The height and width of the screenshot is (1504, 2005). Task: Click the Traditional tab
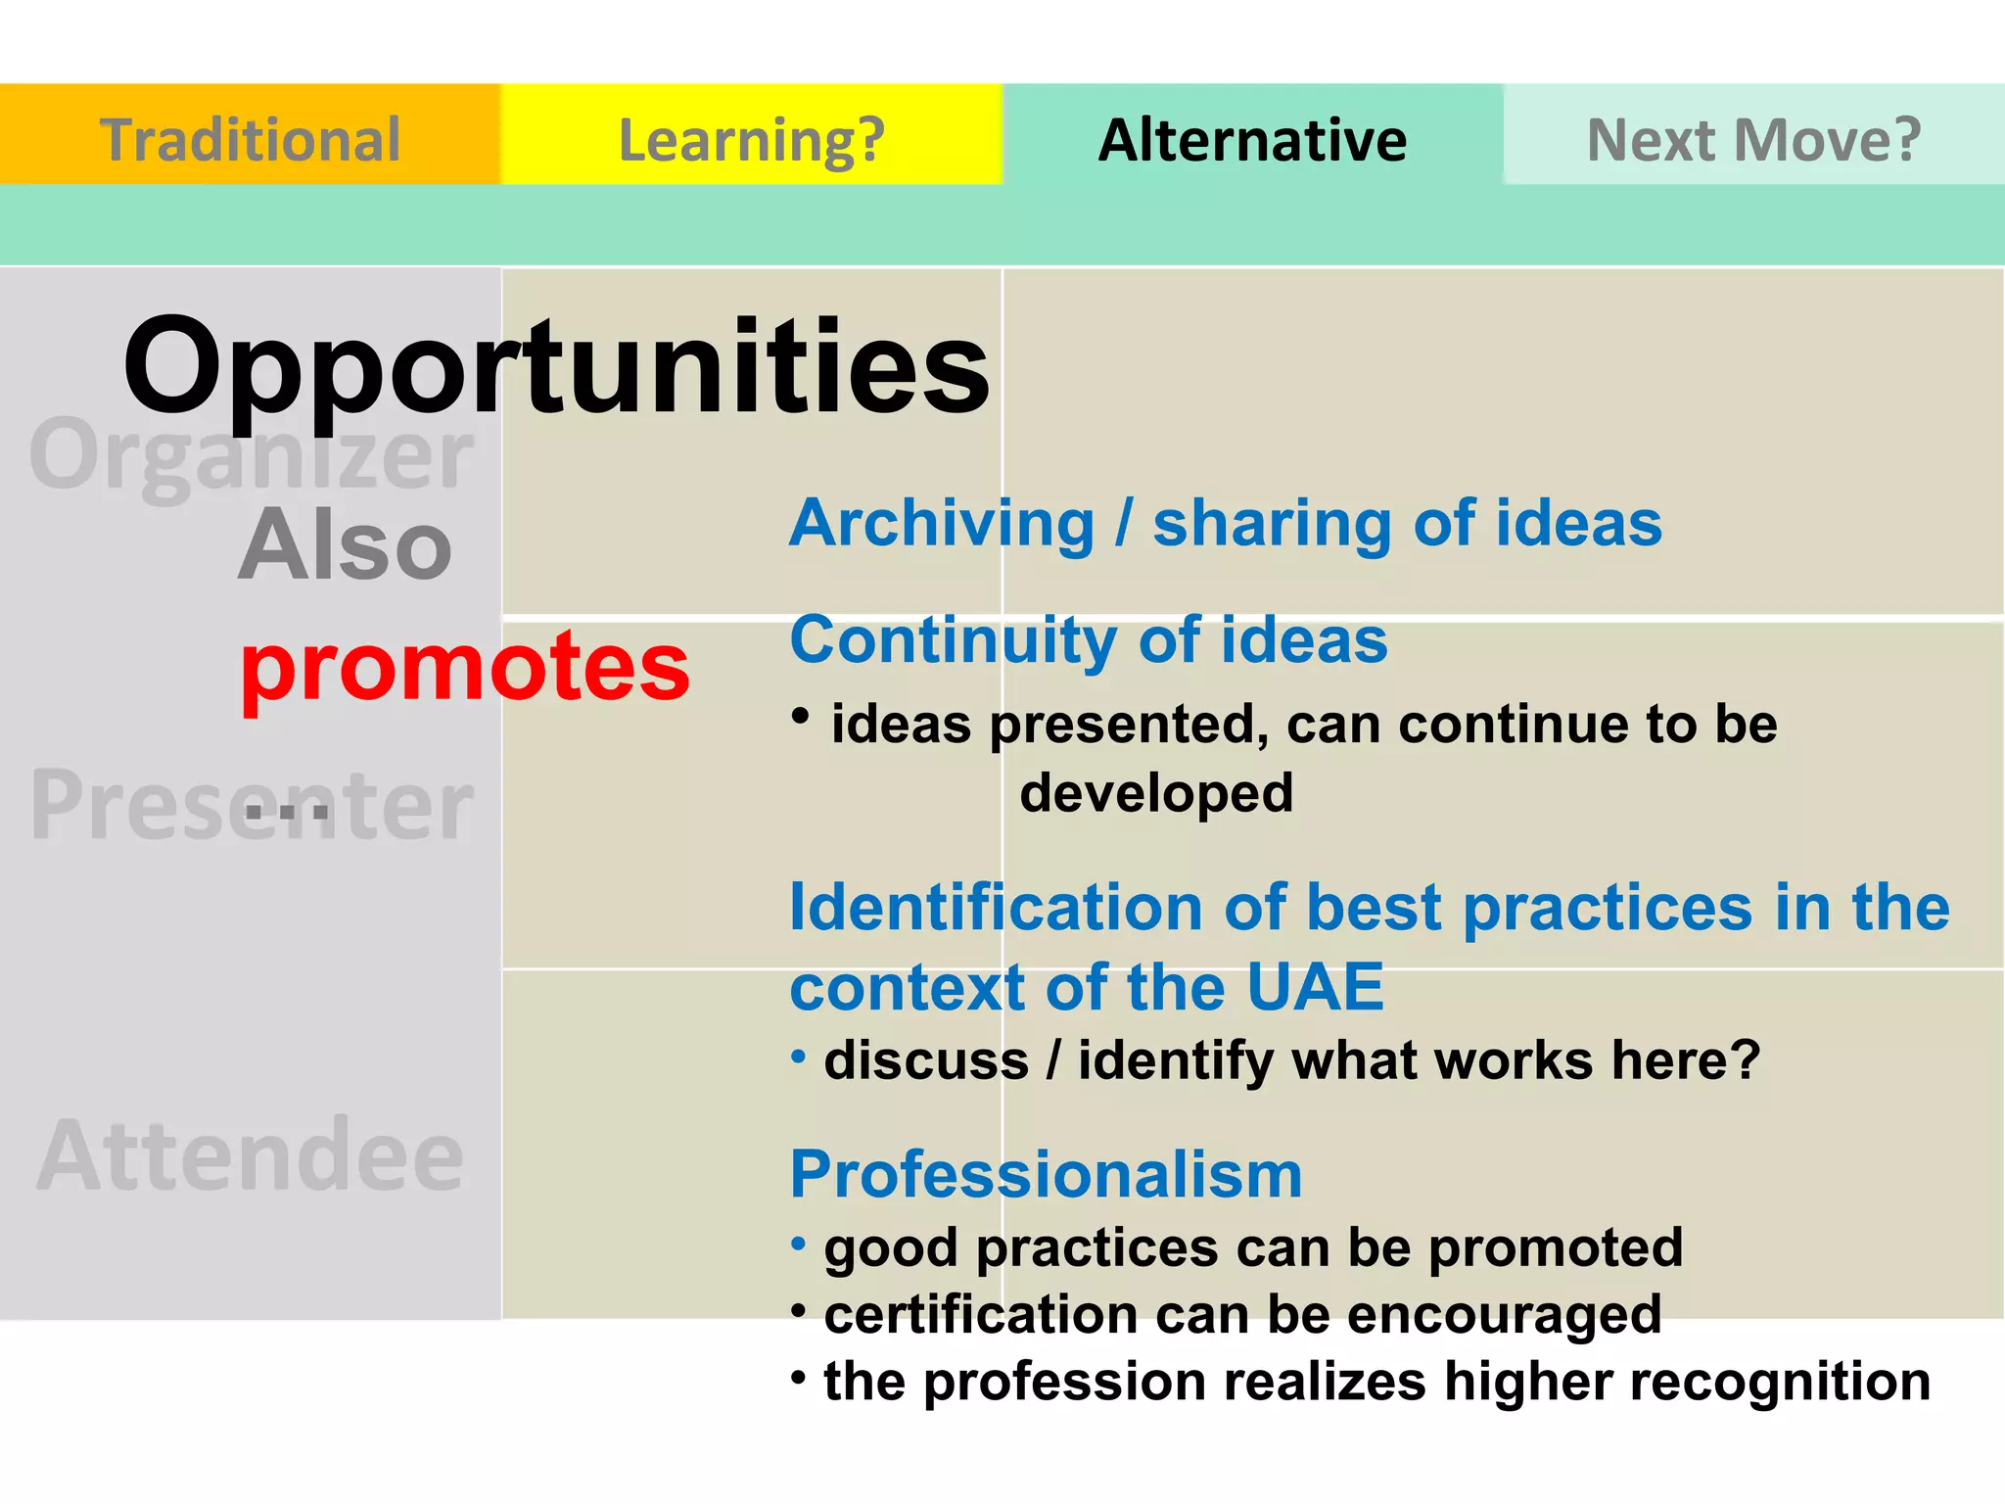click(250, 139)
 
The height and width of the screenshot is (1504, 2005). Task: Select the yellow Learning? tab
click(751, 139)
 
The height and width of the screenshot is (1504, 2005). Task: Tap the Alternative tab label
click(1252, 139)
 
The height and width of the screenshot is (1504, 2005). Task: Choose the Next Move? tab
click(1753, 139)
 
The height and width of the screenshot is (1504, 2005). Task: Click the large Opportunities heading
click(556, 367)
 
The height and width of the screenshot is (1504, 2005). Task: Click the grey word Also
click(345, 546)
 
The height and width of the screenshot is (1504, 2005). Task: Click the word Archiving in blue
click(942, 524)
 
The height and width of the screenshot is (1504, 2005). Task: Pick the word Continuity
click(953, 641)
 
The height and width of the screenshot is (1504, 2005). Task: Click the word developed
click(1156, 793)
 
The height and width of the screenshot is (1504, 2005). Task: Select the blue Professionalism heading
click(1046, 1174)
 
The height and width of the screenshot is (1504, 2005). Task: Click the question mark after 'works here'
click(1746, 1060)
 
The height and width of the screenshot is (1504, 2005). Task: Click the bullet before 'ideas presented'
click(801, 717)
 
